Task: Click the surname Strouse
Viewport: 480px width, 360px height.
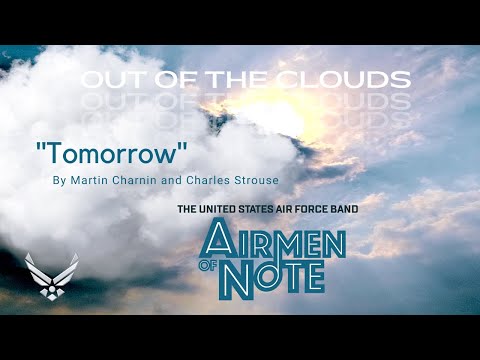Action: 254,181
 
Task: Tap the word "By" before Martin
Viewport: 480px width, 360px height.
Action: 59,181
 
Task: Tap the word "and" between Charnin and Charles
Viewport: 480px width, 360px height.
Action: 170,181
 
